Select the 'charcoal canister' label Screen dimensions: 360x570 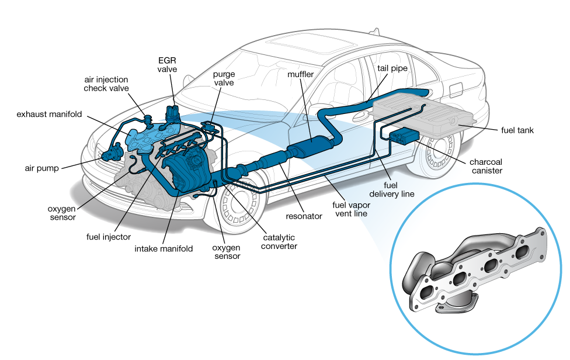point(485,166)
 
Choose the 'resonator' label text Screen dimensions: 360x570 point(304,216)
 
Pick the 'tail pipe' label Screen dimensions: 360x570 point(391,68)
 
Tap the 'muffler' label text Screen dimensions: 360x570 point(300,75)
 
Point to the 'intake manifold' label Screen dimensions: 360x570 point(164,248)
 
